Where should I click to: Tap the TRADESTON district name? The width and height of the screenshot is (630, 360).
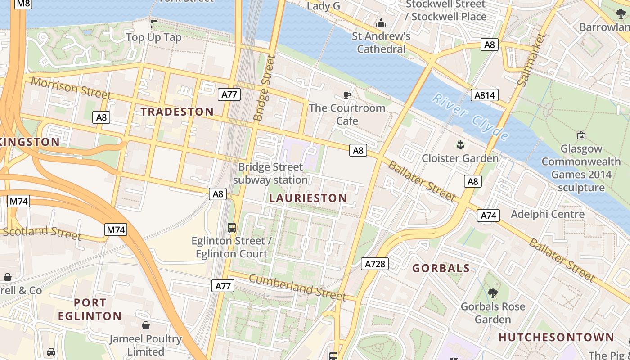(177, 112)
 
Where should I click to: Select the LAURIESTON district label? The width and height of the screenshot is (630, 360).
(308, 198)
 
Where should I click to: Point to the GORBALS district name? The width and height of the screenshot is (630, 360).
(441, 268)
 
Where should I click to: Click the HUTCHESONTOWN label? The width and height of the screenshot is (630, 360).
(556, 337)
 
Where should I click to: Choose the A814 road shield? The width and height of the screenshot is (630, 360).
(484, 95)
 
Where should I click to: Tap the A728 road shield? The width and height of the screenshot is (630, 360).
(375, 264)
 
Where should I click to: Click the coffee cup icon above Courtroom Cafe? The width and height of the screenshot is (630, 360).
(346, 95)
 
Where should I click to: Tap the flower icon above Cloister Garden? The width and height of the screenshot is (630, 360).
(460, 145)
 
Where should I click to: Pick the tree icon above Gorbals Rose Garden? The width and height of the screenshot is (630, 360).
(493, 293)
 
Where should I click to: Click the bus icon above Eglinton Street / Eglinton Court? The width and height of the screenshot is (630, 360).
(232, 228)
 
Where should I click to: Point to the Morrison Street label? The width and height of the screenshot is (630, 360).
(71, 88)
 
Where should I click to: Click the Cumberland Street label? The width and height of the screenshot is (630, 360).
(297, 287)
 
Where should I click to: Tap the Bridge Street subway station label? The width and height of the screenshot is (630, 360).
(271, 173)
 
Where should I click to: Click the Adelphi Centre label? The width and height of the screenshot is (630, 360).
(548, 214)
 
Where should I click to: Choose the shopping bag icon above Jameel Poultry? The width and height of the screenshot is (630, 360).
(146, 325)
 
